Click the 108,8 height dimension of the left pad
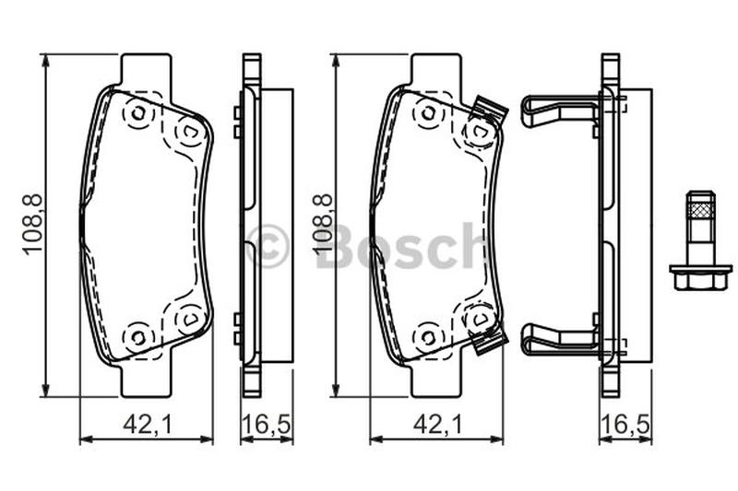(33, 225)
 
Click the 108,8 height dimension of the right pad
(324, 225)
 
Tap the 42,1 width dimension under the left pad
(149, 425)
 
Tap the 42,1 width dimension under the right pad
(438, 425)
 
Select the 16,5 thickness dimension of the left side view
(267, 425)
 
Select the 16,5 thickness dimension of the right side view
(626, 425)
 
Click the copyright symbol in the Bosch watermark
(268, 246)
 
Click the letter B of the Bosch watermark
(338, 245)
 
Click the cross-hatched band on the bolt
(701, 207)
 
